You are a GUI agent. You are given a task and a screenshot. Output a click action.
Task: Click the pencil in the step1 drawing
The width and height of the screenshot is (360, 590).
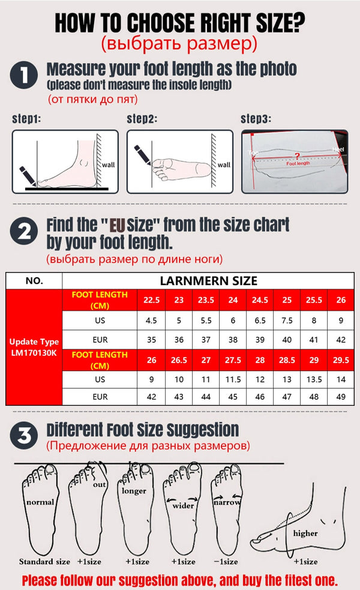point(26,173)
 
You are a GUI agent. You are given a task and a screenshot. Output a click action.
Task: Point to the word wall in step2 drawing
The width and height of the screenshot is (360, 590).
point(223,164)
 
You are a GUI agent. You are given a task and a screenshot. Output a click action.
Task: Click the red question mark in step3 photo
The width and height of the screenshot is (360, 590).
point(298,155)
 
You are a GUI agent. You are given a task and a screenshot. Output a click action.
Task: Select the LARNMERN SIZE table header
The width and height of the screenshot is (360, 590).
point(208,280)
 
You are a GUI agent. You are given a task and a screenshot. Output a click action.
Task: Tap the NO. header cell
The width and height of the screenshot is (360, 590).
point(34,280)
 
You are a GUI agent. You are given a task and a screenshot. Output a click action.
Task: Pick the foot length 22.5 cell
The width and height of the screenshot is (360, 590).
point(152,300)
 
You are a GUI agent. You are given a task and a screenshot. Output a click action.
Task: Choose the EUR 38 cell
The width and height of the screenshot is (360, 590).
point(233,339)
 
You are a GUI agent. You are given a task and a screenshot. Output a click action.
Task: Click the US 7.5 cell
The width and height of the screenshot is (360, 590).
point(287,320)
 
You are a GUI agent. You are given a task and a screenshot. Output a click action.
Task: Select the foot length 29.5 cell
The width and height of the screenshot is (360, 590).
point(341,360)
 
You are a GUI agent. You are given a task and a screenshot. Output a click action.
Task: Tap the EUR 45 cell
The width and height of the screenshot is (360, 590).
point(233,397)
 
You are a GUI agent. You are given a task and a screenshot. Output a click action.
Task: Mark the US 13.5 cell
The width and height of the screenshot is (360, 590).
point(314,379)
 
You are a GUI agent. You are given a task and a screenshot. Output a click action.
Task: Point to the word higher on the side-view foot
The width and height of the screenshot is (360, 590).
point(305,533)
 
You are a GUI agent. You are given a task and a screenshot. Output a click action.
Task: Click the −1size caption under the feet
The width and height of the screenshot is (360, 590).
point(227,562)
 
